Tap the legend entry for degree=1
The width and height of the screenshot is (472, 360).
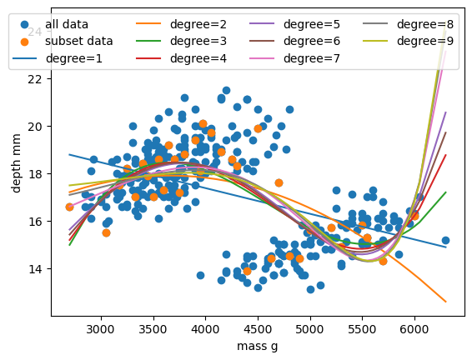[74, 58]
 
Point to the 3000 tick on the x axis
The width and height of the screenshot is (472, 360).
[100, 328]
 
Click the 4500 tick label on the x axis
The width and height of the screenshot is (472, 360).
[258, 328]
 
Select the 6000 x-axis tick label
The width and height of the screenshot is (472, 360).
[414, 328]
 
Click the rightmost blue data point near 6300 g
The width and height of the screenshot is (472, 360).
[445, 240]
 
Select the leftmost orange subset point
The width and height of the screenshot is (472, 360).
[69, 207]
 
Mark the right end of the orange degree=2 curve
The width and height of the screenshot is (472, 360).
[446, 302]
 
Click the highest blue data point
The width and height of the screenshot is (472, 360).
[226, 90]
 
